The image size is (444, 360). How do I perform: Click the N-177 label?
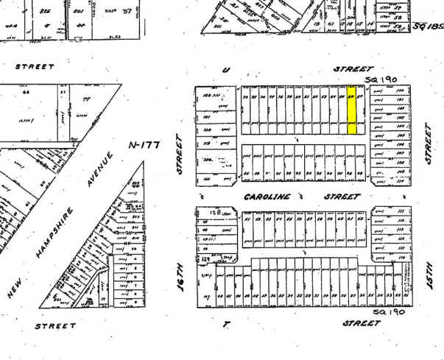click(x=144, y=145)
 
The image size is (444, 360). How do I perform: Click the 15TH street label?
click(x=429, y=272)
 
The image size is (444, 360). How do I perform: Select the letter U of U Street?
click(x=225, y=69)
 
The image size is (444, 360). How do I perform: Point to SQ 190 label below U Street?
click(x=380, y=79)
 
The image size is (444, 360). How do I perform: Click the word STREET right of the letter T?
click(x=362, y=322)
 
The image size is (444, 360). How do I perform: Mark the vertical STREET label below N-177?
click(x=178, y=154)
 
